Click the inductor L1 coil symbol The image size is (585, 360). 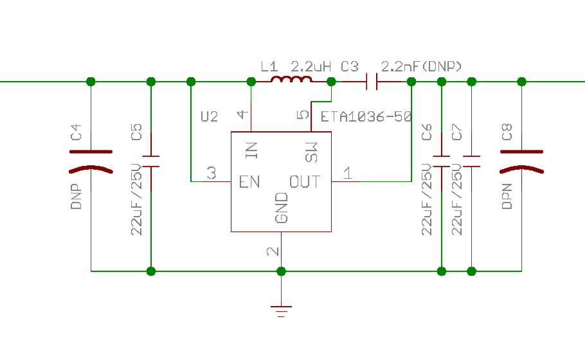click(291, 79)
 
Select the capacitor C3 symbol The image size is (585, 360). click(372, 82)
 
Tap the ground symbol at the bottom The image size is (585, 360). click(282, 311)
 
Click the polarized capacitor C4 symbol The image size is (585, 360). click(91, 161)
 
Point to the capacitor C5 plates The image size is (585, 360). click(151, 161)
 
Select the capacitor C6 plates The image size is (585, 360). click(442, 161)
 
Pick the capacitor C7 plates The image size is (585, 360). click(472, 161)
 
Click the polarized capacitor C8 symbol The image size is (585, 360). click(521, 161)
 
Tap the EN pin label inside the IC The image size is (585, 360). click(249, 182)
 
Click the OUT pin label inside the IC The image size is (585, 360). click(305, 182)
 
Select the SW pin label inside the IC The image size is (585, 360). click(311, 152)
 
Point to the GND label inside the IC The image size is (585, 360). click(282, 208)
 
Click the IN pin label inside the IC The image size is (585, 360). click(251, 150)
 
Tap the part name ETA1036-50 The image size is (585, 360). click(366, 117)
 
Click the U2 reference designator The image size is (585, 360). click(210, 117)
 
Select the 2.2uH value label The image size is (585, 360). click(310, 67)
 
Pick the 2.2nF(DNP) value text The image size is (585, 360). click(422, 66)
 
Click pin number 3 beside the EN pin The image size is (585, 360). click(212, 173)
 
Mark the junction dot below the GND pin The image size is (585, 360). click(282, 271)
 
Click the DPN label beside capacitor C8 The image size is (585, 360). click(507, 196)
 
